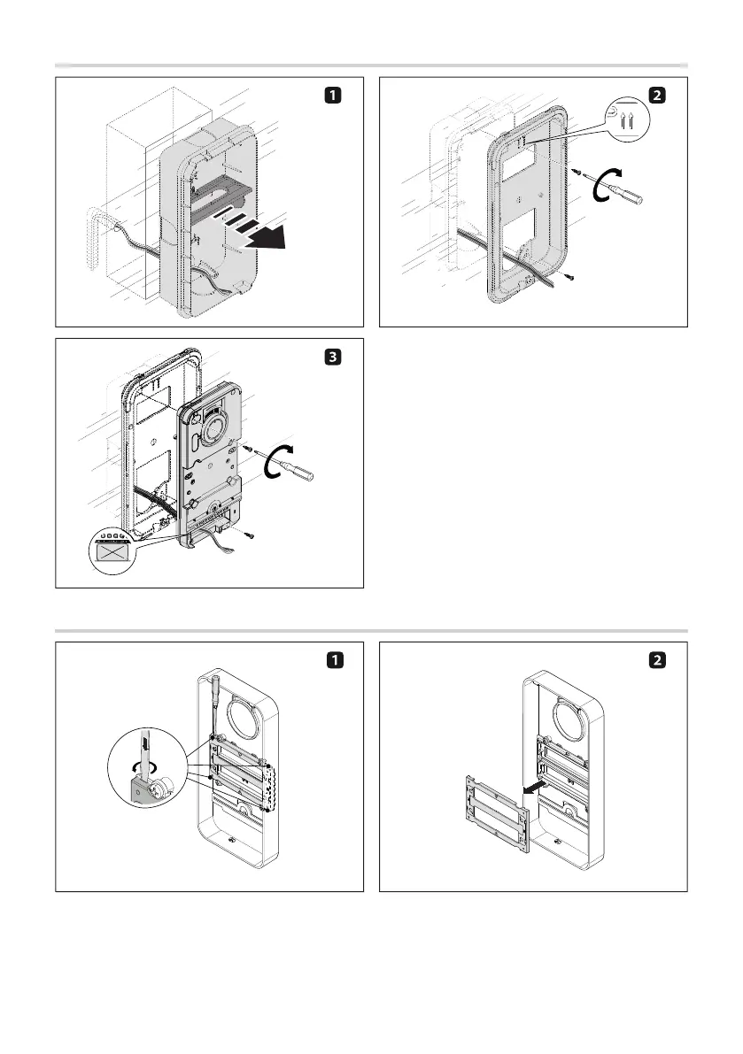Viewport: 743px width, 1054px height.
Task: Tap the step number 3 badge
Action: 329,357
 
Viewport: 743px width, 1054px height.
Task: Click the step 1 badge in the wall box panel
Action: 329,95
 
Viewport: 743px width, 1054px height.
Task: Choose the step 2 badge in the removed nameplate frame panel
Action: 654,660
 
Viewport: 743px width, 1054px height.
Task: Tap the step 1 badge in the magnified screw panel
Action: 329,660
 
